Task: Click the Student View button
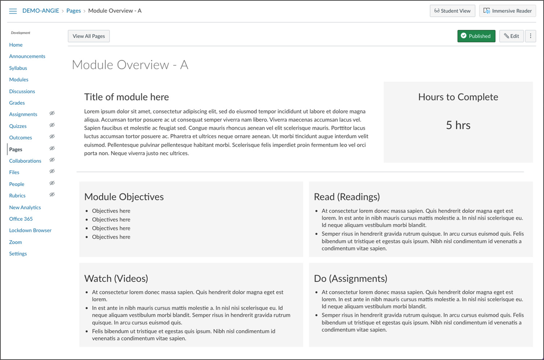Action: pyautogui.click(x=452, y=11)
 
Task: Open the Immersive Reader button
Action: pyautogui.click(x=507, y=11)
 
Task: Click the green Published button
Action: pyautogui.click(x=476, y=36)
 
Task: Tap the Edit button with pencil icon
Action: pyautogui.click(x=511, y=36)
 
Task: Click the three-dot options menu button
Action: pyautogui.click(x=530, y=36)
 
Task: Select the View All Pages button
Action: pyautogui.click(x=88, y=36)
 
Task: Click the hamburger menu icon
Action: pyautogui.click(x=13, y=11)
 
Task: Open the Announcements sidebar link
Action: pyautogui.click(x=27, y=57)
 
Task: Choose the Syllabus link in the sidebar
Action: pyautogui.click(x=18, y=68)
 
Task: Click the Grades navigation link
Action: pyautogui.click(x=17, y=103)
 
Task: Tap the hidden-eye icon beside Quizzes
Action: pyautogui.click(x=52, y=125)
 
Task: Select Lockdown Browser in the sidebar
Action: pyautogui.click(x=30, y=231)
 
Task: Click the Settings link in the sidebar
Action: pyautogui.click(x=18, y=254)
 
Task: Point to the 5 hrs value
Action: pyautogui.click(x=458, y=125)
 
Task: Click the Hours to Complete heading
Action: pyautogui.click(x=458, y=97)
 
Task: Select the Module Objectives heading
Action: pyautogui.click(x=124, y=197)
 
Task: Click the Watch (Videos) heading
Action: pyautogui.click(x=116, y=278)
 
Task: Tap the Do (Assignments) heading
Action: pyautogui.click(x=350, y=278)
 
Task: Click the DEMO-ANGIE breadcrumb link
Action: pyautogui.click(x=41, y=11)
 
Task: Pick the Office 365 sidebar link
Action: pyautogui.click(x=21, y=219)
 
